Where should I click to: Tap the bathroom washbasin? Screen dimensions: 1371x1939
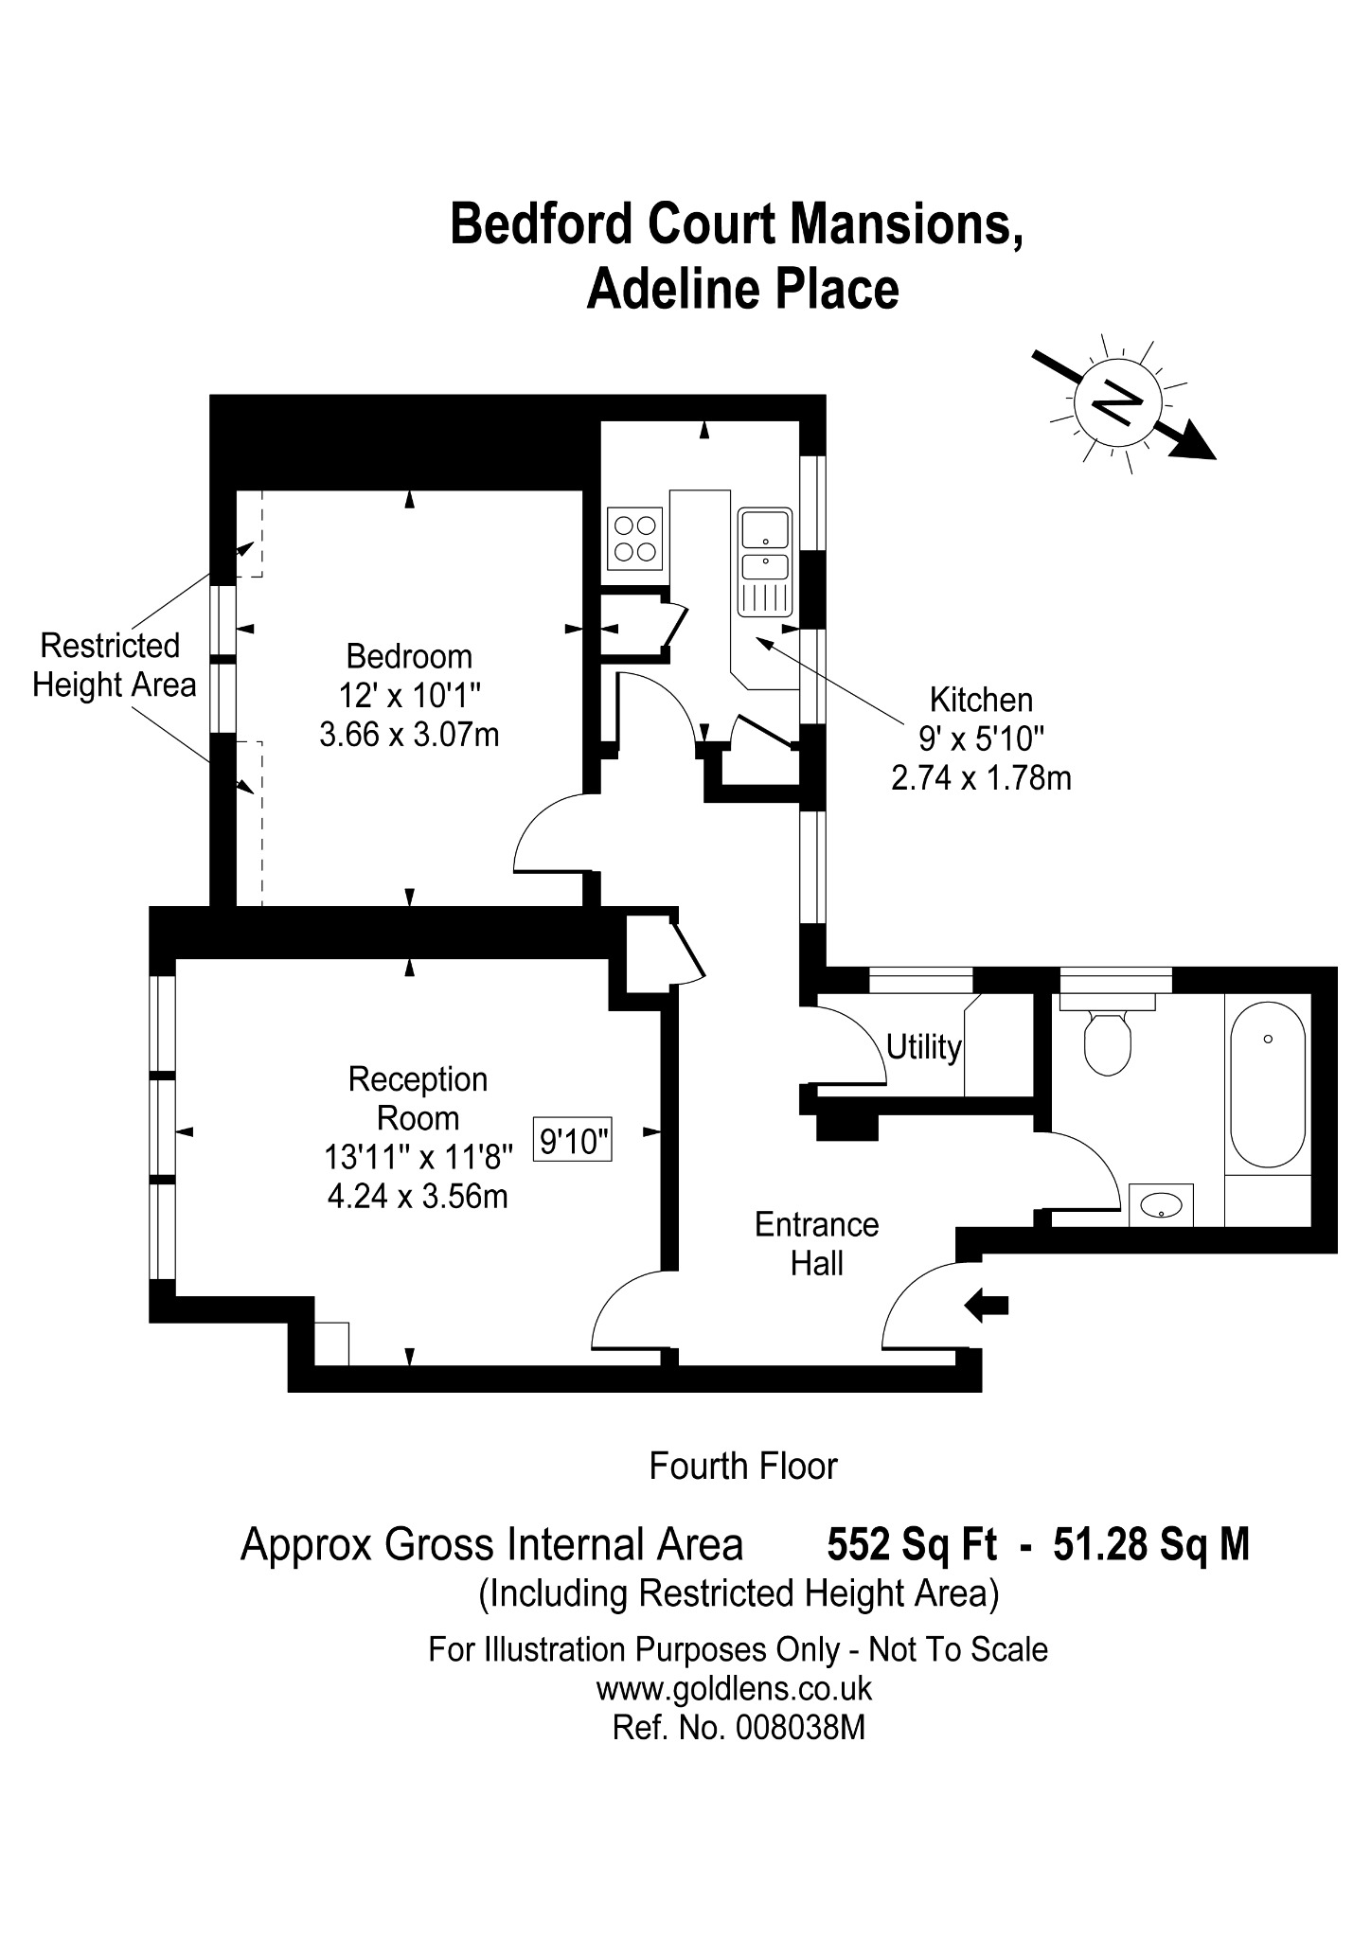(x=1161, y=1204)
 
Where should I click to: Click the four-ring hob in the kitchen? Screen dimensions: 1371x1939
(x=634, y=538)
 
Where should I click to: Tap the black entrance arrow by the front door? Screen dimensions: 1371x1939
(x=987, y=1306)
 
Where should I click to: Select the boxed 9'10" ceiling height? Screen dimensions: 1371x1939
(x=573, y=1142)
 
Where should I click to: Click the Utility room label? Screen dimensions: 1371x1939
(x=924, y=1047)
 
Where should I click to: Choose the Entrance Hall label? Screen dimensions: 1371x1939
(x=817, y=1244)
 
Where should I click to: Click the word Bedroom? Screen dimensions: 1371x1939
(x=409, y=656)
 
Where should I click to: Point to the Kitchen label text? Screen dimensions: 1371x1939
(x=981, y=700)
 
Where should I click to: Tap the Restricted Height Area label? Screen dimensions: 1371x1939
(x=115, y=666)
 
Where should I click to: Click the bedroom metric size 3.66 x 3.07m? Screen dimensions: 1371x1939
(x=409, y=735)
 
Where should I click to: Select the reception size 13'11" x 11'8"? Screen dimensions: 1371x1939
(x=418, y=1157)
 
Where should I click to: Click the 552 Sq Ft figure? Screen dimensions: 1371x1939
(x=913, y=1544)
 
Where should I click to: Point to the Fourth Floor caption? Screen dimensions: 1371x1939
(x=743, y=1467)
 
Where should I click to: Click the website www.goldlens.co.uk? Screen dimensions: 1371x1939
(x=734, y=1689)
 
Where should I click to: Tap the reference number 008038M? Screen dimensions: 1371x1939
(x=800, y=1729)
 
